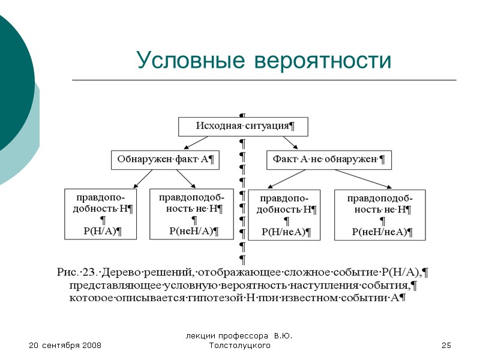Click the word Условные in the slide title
[189, 60]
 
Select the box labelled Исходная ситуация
[243, 126]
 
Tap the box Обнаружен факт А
[166, 160]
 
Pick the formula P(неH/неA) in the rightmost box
[383, 231]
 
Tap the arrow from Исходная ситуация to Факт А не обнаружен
[290, 143]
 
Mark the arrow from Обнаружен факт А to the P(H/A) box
[144, 179]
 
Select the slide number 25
[446, 346]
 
